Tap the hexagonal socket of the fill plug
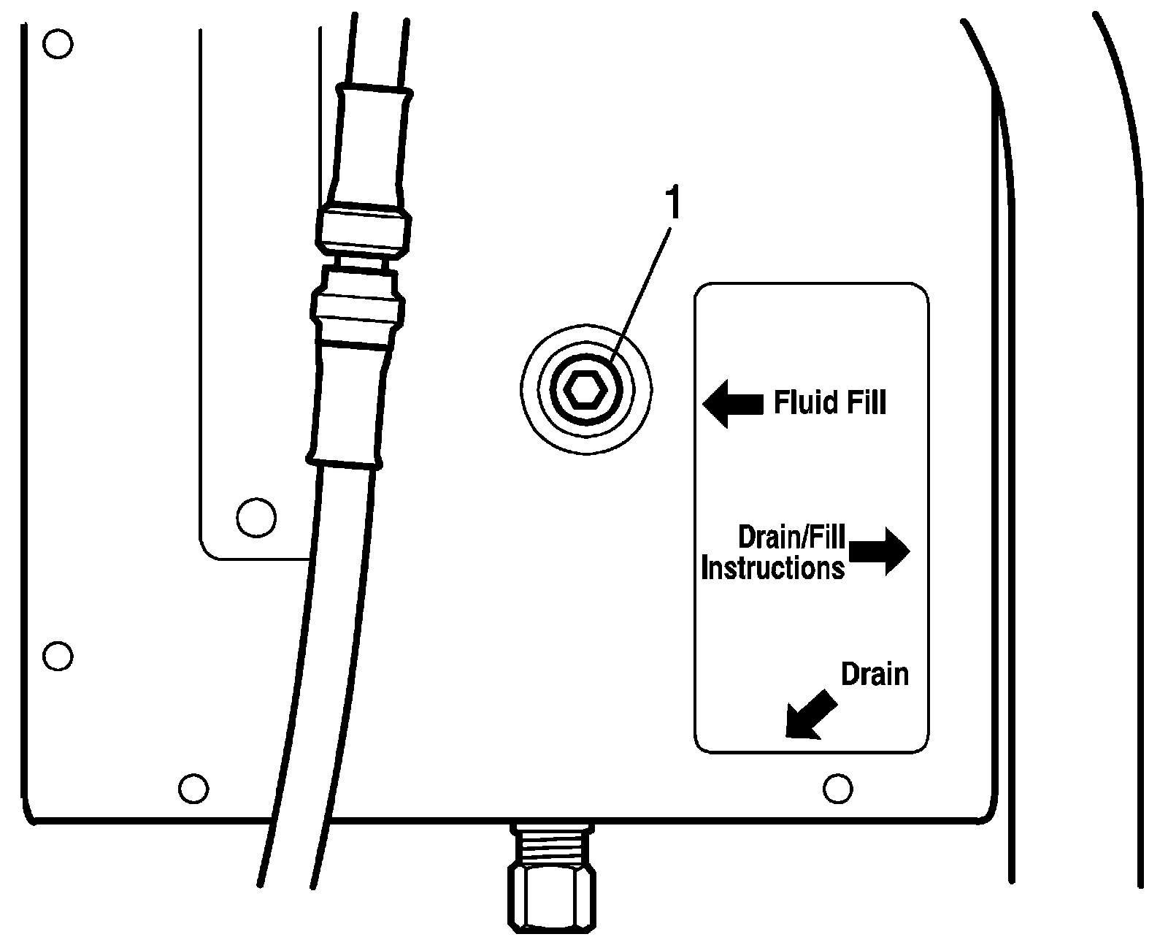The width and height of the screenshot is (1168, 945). [587, 391]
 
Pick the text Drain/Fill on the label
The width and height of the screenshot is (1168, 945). [791, 537]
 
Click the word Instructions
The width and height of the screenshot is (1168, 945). [772, 567]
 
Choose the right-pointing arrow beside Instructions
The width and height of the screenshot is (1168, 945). [879, 551]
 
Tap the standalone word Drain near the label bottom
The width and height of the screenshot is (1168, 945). [875, 674]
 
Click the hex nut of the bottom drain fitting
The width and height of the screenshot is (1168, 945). [553, 902]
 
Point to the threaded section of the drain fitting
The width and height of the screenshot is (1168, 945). [553, 843]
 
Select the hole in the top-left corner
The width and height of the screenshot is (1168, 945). [58, 45]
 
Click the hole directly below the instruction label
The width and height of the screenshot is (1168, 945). [837, 788]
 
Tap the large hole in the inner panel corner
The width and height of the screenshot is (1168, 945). [256, 517]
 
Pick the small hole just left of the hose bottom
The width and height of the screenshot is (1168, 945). [193, 788]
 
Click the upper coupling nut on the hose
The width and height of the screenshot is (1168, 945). [364, 229]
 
